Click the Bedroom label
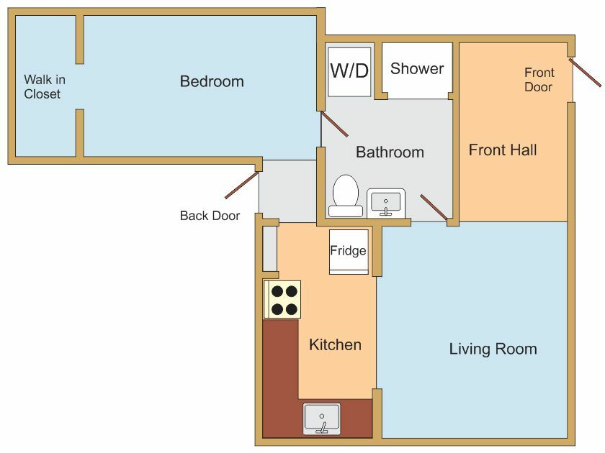212,82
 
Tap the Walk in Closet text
45,87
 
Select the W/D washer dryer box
349,72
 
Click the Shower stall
417,70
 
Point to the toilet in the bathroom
346,196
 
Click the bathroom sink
386,202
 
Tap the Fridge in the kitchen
349,252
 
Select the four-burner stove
282,300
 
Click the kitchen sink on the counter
322,418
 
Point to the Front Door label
539,80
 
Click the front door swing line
585,73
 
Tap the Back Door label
210,216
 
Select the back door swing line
241,186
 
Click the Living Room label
493,349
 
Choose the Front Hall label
503,150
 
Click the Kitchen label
336,344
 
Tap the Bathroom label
390,152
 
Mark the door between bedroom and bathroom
334,124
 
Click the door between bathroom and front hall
434,207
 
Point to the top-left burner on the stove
277,291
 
